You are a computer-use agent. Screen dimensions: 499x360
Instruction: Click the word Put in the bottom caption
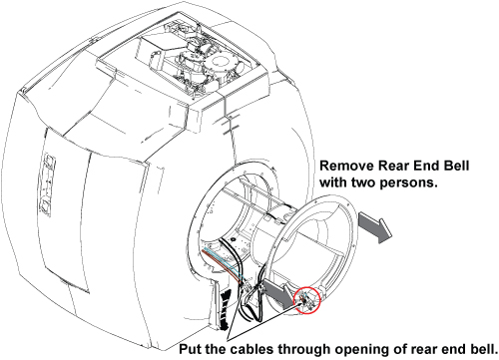(x=191, y=349)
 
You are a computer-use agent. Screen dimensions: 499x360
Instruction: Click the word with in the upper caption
(x=333, y=182)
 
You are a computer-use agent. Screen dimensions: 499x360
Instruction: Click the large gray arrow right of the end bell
(x=375, y=227)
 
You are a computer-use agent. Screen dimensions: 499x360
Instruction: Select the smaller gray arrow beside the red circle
(x=276, y=291)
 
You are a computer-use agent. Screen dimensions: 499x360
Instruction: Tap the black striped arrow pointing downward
(x=226, y=309)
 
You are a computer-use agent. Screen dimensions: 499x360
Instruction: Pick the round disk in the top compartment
(x=220, y=65)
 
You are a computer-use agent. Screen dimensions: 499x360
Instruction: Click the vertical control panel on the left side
(x=47, y=183)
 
